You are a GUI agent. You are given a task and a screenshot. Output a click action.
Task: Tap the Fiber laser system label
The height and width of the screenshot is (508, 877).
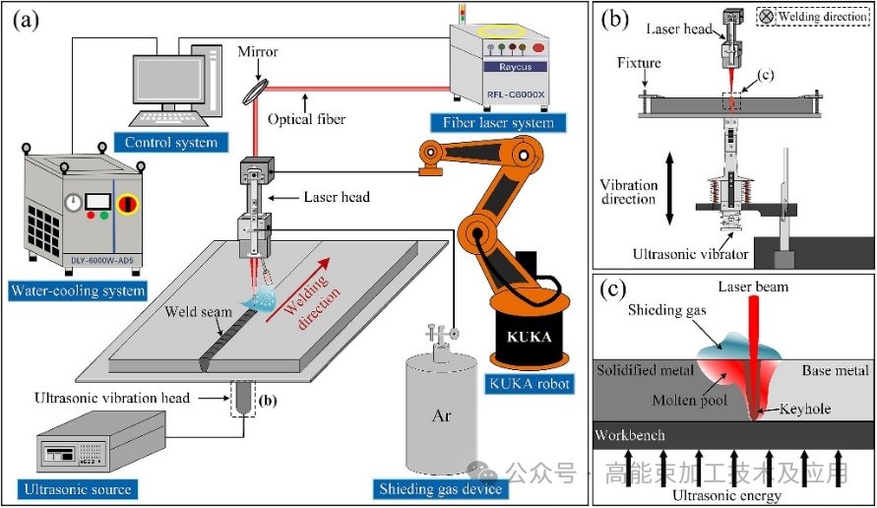click(491, 123)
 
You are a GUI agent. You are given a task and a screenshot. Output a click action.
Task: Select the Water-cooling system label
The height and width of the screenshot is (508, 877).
click(78, 290)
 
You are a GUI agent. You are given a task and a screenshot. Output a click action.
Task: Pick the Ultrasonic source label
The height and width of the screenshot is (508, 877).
click(75, 488)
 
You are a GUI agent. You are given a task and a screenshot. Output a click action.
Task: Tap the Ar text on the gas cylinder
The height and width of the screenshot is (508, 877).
click(442, 415)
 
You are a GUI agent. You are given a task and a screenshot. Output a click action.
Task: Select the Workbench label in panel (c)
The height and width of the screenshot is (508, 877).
click(631, 434)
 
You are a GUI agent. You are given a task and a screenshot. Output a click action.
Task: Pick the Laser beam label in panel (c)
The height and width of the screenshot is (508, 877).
click(753, 286)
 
